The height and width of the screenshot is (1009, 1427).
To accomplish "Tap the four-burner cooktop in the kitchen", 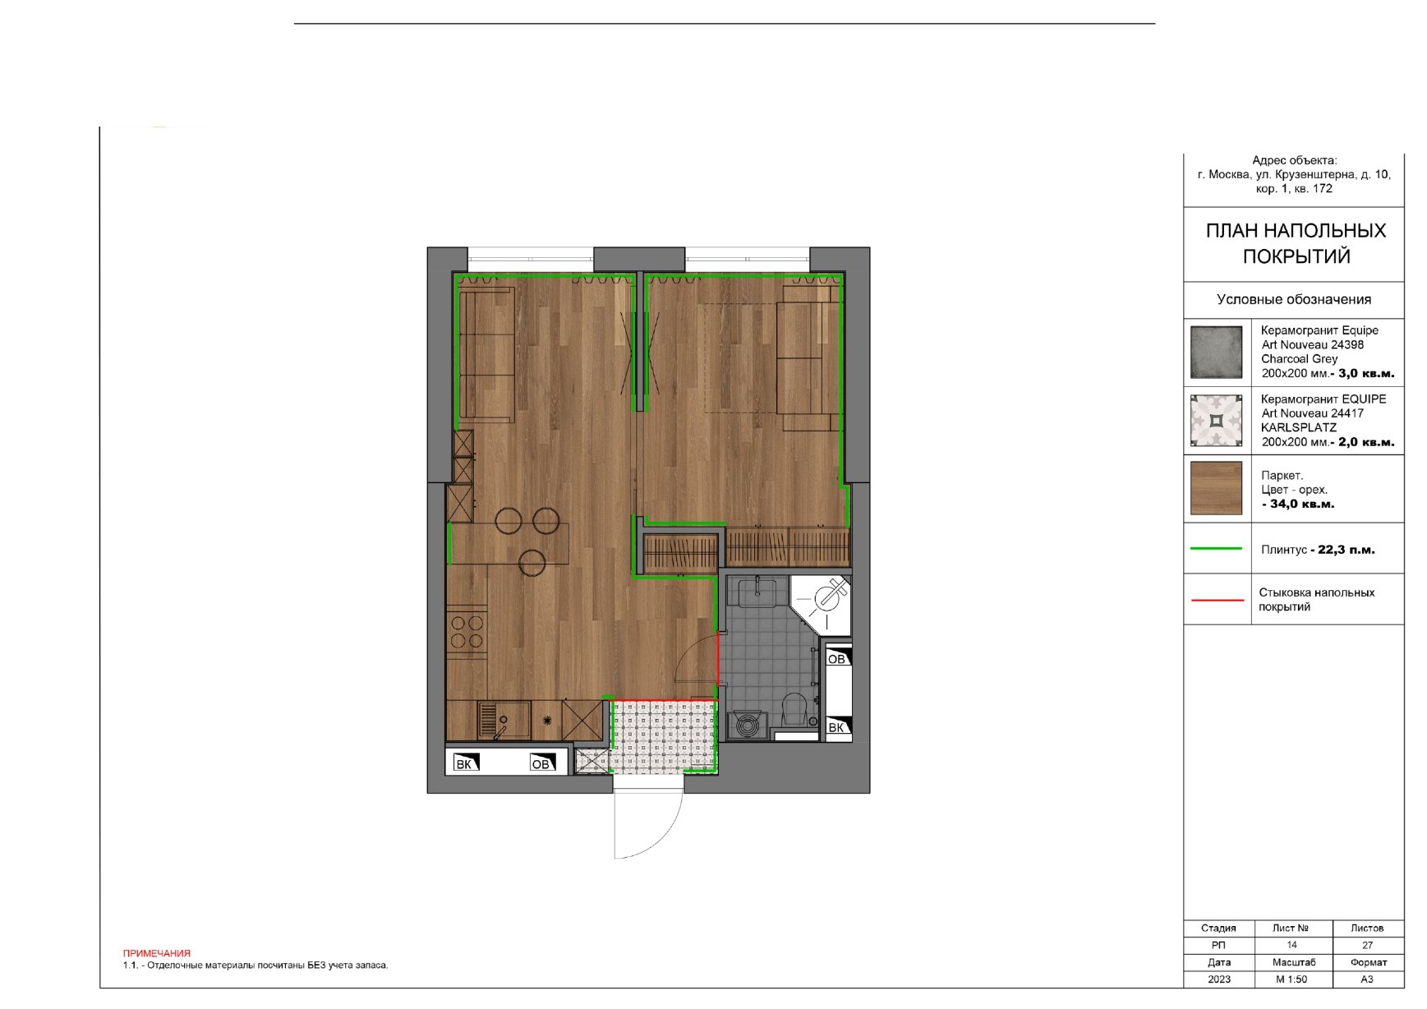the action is (x=467, y=632).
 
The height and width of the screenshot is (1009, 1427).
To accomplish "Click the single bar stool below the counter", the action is (x=532, y=562).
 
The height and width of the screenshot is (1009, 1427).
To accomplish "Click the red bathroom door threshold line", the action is (x=719, y=658).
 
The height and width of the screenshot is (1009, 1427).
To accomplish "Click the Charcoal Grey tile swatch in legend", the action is (x=1216, y=352).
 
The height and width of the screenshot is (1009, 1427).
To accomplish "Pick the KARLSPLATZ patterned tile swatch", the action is (x=1216, y=421).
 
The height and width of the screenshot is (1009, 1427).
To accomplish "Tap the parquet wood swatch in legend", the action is (x=1216, y=488).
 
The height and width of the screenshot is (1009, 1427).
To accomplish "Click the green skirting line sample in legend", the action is (x=1216, y=548).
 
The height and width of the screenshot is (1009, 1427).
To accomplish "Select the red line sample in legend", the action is (x=1218, y=601).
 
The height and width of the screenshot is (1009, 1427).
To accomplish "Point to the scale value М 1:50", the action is (x=1291, y=979).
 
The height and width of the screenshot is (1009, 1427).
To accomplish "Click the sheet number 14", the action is (x=1291, y=945).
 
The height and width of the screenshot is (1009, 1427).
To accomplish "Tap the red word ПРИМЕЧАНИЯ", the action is (x=156, y=953).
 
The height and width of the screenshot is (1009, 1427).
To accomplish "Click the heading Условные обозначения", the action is (x=1294, y=300).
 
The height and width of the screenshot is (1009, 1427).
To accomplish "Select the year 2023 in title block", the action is (x=1219, y=979).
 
